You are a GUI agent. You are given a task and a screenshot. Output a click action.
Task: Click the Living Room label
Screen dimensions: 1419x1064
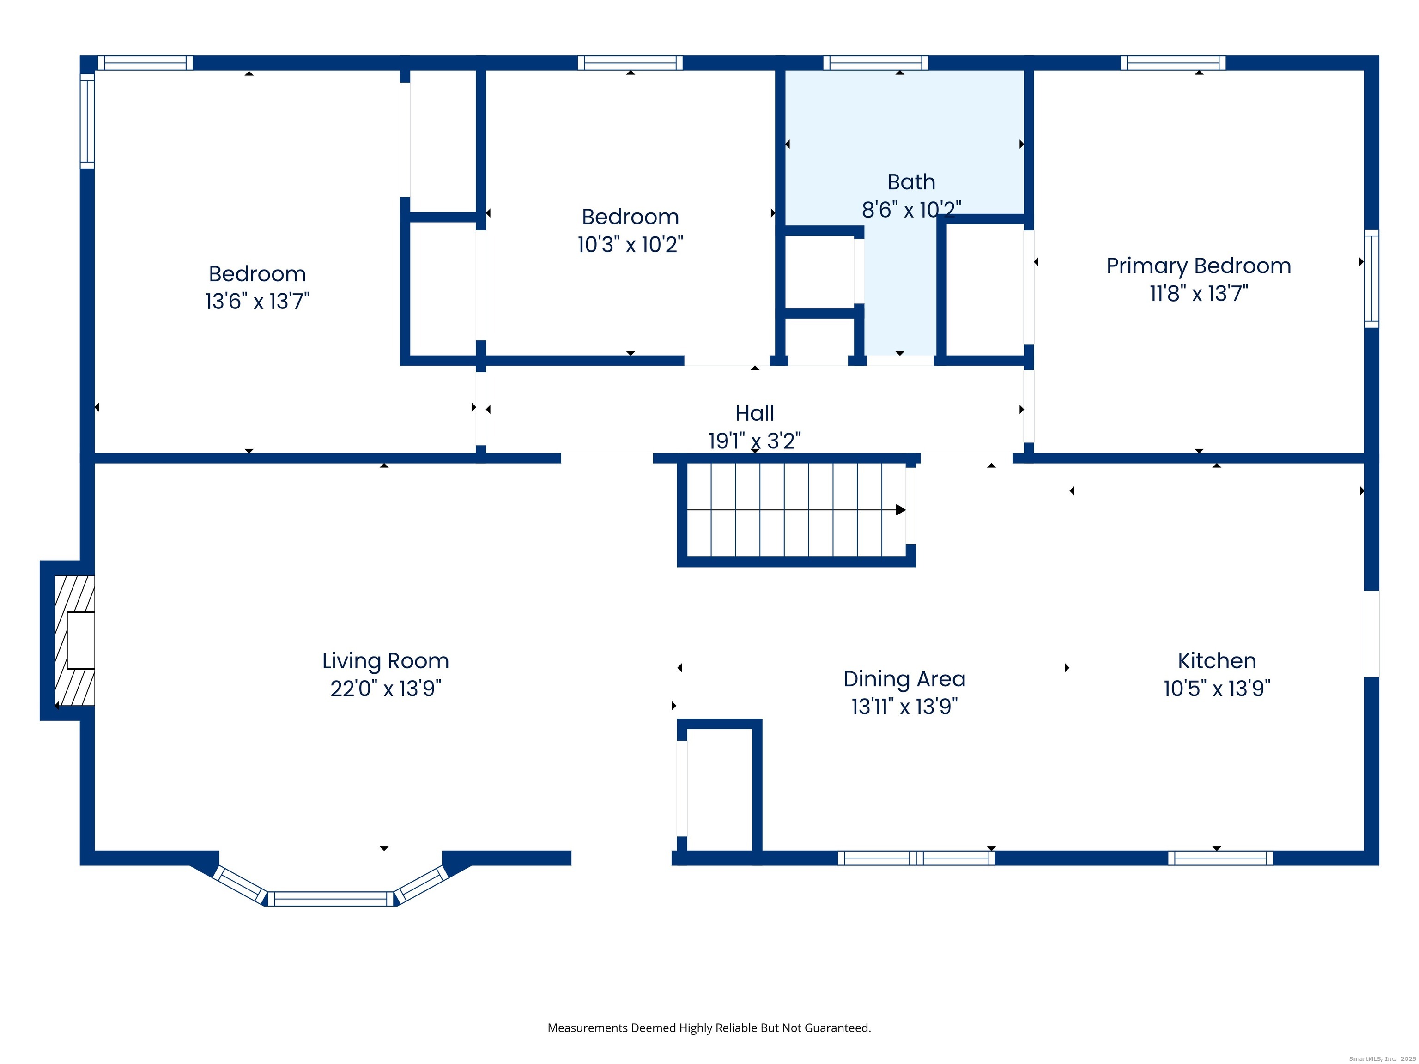[386, 660]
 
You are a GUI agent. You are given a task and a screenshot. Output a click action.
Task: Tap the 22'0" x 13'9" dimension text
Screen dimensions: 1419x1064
[386, 688]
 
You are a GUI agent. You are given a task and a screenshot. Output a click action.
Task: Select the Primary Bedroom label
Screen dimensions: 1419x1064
[1198, 266]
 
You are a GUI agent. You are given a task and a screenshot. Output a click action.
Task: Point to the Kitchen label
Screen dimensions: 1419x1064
[1217, 660]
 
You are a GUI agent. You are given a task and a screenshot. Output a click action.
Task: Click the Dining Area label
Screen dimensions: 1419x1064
[904, 678]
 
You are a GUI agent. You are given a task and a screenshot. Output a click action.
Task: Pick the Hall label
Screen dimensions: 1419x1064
[754, 413]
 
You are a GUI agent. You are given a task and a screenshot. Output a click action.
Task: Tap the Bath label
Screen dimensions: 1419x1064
[911, 182]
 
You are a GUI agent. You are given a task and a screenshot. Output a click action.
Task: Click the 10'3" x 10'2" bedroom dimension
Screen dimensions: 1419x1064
[630, 244]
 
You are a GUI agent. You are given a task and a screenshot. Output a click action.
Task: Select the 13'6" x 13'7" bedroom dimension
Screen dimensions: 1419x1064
[257, 301]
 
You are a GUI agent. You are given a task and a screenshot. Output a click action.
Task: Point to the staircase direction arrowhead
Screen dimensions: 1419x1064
[901, 510]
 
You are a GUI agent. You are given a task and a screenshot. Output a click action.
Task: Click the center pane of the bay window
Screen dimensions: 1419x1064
[331, 899]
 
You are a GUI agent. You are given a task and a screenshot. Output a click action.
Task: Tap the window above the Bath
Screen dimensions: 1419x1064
[876, 63]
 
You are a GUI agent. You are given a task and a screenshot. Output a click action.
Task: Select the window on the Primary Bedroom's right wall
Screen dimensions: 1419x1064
[1371, 279]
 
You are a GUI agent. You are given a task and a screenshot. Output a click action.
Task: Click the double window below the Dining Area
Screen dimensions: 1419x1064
[916, 858]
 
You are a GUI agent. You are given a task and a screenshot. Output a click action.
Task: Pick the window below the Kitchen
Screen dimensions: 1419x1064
[1220, 858]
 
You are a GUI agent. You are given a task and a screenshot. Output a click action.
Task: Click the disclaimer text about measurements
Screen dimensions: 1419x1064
[709, 1028]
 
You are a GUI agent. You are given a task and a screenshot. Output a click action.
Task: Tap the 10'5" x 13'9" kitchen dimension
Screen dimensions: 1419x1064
[1217, 688]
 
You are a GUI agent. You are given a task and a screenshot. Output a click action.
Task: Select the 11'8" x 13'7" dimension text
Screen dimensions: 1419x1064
[1198, 294]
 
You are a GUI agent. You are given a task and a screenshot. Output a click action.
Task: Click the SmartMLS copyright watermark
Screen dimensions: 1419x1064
[1383, 1059]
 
